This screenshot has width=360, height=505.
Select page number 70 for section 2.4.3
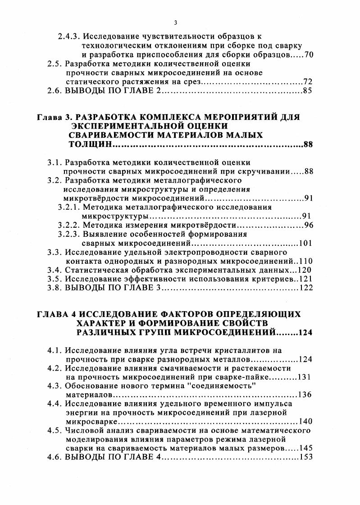pyautogui.click(x=308, y=55)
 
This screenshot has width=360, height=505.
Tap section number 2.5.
pyautogui.click(x=55, y=64)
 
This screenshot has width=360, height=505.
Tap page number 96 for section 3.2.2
pyautogui.click(x=308, y=225)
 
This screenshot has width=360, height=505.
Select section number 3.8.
pyautogui.click(x=55, y=289)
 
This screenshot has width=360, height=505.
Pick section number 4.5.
pyautogui.click(x=55, y=431)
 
